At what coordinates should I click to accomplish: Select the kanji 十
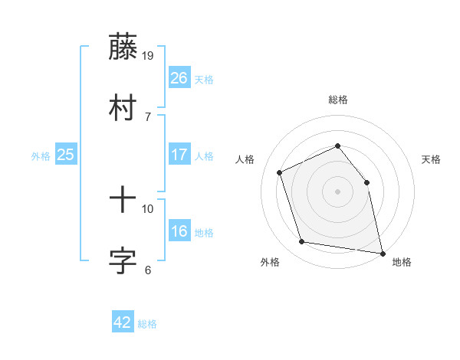123,201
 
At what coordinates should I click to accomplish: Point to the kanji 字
123,261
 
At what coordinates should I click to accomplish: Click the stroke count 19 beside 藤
149,55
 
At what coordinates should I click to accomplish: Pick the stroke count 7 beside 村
148,116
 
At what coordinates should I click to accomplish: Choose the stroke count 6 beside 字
148,270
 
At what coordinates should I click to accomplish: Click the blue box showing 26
179,78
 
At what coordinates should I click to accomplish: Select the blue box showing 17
179,155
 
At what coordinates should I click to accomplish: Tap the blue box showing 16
179,231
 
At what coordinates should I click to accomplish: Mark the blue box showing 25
66,155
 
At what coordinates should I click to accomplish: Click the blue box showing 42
123,322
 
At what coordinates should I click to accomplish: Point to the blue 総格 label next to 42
148,324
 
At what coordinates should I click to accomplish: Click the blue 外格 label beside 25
41,156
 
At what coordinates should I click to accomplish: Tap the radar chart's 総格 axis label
337,100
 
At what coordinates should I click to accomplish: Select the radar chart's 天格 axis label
432,159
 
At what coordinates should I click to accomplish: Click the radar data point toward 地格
381,252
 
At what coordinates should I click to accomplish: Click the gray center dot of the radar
337,191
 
